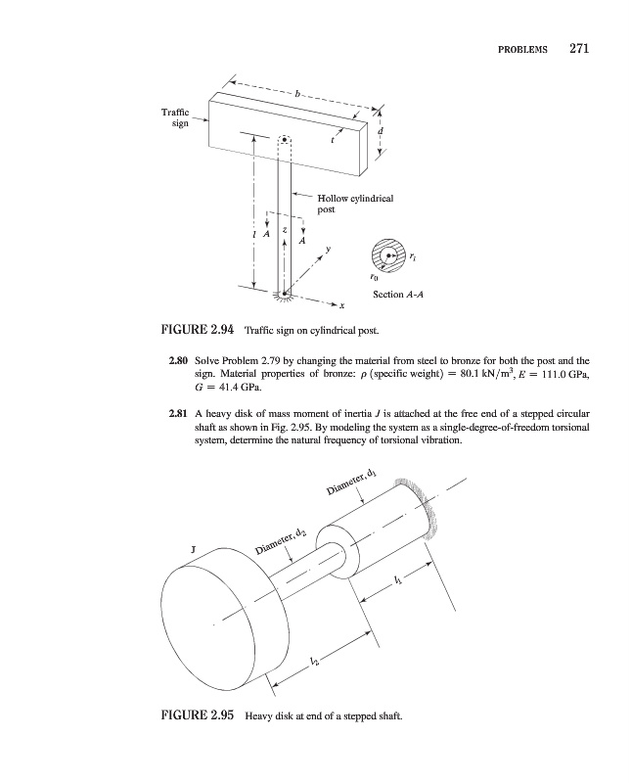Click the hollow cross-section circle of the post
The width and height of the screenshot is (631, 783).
pyautogui.click(x=389, y=255)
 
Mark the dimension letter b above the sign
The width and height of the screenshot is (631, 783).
pyautogui.click(x=300, y=94)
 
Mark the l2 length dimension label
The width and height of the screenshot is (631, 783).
pyautogui.click(x=314, y=664)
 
